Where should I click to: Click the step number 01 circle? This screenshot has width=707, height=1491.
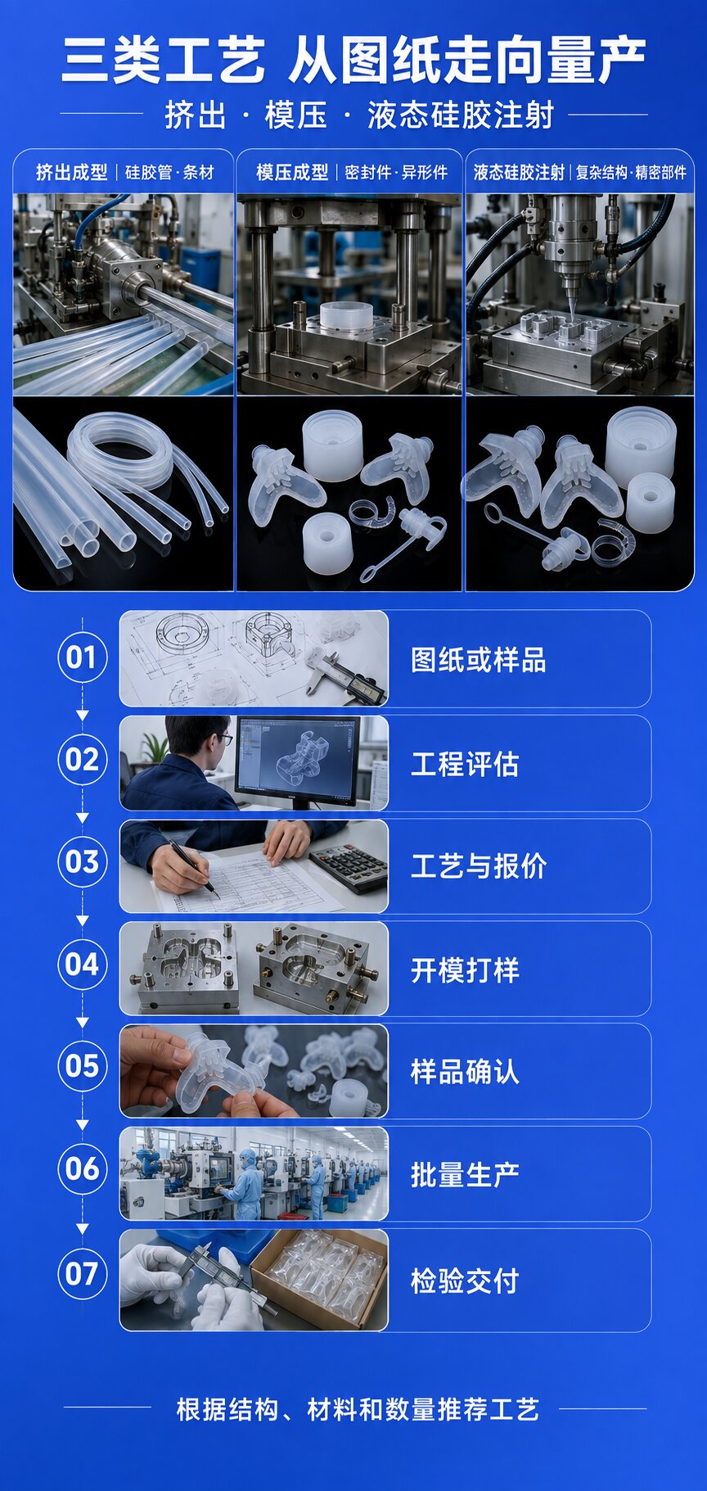tap(82, 657)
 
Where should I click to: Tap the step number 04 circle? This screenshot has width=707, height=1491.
tap(82, 964)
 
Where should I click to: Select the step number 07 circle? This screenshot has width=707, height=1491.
tap(82, 1273)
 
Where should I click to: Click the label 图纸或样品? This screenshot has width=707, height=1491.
tap(478, 660)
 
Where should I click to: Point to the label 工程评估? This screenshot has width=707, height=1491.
tap(465, 764)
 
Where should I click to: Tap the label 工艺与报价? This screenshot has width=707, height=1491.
tap(479, 866)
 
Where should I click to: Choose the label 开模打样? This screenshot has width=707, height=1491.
tap(465, 970)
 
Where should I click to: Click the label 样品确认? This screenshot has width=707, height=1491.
tap(465, 1072)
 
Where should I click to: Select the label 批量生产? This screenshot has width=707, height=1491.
tap(465, 1175)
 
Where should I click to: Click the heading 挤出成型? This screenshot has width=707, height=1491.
tap(72, 172)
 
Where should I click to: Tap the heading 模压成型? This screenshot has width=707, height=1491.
tap(292, 172)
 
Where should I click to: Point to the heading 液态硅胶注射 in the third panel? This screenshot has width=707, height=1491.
tap(519, 172)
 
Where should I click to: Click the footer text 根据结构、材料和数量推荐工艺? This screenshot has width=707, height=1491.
tap(358, 1409)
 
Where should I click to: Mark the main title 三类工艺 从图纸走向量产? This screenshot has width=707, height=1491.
tap(353, 61)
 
